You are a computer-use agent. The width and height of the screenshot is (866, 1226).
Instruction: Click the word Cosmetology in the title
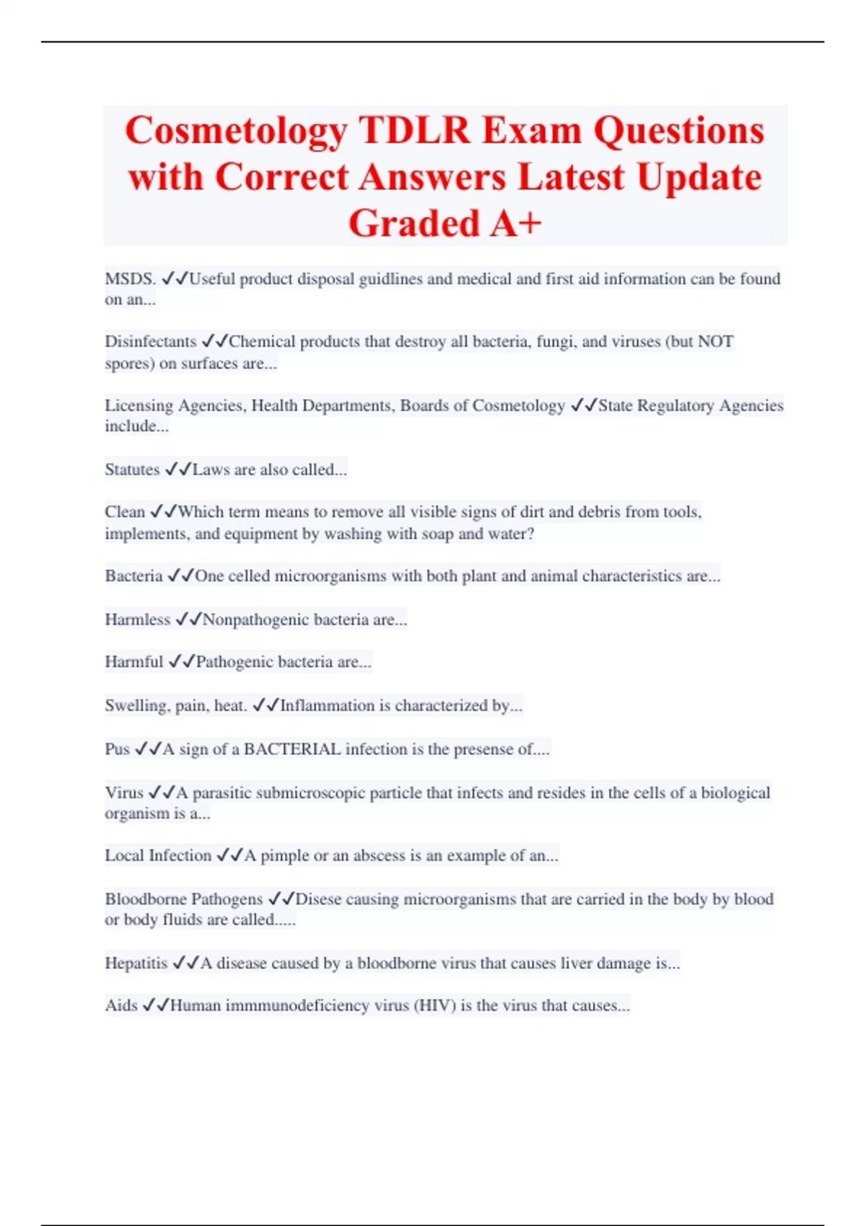[236, 131]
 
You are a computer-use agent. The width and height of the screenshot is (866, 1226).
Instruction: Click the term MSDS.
[130, 279]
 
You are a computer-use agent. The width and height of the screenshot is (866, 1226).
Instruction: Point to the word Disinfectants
[150, 342]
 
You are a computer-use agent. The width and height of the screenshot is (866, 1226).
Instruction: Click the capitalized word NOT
[715, 342]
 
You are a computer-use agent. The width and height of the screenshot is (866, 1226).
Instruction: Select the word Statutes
[132, 469]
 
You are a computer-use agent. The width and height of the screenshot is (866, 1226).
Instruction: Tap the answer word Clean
[125, 512]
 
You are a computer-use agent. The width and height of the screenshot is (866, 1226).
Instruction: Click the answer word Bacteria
[134, 576]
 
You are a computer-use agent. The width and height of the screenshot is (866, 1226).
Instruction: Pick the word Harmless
[137, 619]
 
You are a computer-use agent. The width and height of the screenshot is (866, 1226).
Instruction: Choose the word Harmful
[134, 662]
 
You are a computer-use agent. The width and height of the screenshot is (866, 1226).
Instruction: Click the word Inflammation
[324, 705]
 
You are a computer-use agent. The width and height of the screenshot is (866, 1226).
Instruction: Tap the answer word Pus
[117, 749]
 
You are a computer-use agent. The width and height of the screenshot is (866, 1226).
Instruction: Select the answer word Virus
[124, 793]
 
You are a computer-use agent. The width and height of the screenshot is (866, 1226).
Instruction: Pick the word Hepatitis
[136, 963]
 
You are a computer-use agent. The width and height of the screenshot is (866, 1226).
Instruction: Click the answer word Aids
[121, 1006]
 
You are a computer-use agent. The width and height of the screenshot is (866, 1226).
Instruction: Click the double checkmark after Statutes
[178, 469]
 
